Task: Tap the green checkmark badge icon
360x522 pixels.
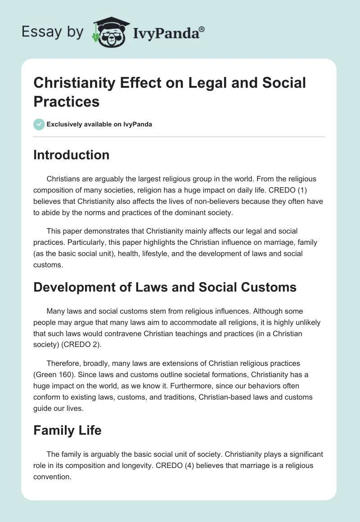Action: click(x=39, y=124)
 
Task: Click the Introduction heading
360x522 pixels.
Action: click(x=71, y=155)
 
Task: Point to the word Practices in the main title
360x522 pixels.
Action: click(x=67, y=101)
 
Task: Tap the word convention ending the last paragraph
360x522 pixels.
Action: click(x=52, y=477)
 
